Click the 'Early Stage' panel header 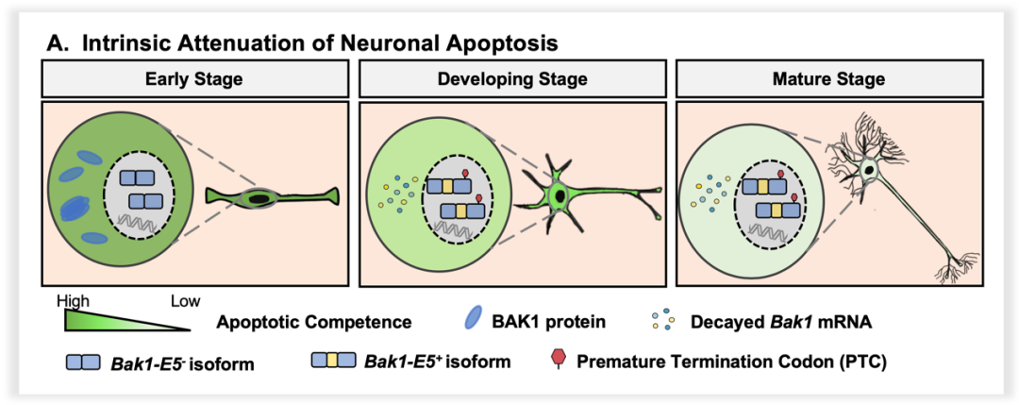tap(193, 78)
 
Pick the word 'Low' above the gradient tap(185, 302)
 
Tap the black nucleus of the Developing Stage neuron tap(560, 195)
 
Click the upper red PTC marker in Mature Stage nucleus tap(781, 176)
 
